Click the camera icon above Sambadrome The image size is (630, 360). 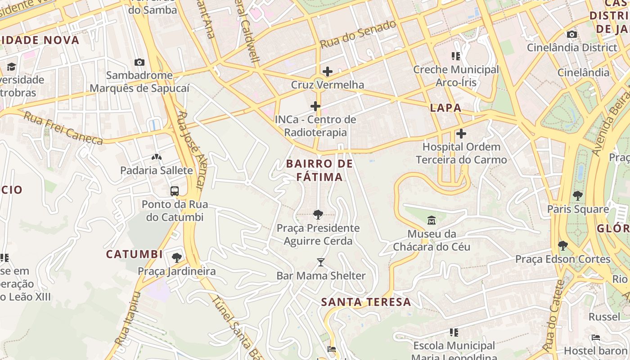(139, 63)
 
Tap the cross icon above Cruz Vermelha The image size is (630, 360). (328, 72)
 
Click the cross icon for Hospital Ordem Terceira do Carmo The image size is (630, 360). (461, 134)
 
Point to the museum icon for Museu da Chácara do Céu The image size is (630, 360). (432, 220)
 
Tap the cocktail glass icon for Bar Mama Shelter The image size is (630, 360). (321, 262)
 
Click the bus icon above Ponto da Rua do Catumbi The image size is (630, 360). (175, 191)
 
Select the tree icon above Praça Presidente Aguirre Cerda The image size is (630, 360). (318, 215)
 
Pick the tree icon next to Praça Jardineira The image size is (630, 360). (177, 258)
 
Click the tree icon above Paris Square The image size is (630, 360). (578, 196)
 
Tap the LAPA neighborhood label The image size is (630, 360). (445, 108)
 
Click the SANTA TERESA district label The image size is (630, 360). (366, 302)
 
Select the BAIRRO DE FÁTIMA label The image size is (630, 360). (319, 170)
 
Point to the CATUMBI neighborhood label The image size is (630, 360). (134, 254)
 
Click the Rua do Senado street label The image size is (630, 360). (358, 35)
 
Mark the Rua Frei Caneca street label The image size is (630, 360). (63, 128)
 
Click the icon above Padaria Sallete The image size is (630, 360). (156, 157)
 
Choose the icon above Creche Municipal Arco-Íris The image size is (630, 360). (456, 56)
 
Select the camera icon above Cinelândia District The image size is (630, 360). (572, 35)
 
